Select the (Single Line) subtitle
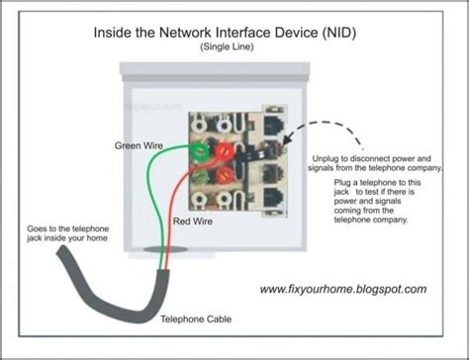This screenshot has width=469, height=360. point(234,47)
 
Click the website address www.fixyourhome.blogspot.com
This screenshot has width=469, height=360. point(343,290)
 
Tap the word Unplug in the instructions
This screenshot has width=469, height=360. point(326,158)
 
